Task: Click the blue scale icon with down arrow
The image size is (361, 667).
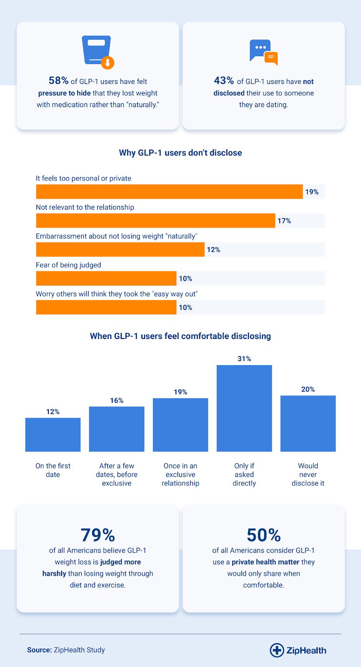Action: click(x=98, y=52)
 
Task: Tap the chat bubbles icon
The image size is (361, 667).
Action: click(x=263, y=52)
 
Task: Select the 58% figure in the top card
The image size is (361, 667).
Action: click(x=59, y=80)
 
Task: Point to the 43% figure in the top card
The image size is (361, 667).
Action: click(x=224, y=80)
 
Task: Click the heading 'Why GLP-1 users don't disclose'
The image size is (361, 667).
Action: click(x=180, y=153)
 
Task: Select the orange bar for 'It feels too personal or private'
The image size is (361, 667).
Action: click(x=170, y=191)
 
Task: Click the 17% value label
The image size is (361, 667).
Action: click(x=284, y=221)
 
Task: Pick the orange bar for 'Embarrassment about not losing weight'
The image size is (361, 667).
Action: click(x=120, y=250)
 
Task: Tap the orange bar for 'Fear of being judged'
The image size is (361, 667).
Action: click(x=106, y=278)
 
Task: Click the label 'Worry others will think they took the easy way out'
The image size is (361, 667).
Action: click(x=117, y=294)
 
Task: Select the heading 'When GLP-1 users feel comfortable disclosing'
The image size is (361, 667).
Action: click(x=180, y=336)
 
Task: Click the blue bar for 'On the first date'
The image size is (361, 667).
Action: click(x=53, y=435)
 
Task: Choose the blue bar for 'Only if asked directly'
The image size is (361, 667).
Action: click(x=244, y=408)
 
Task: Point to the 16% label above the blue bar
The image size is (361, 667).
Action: click(x=117, y=401)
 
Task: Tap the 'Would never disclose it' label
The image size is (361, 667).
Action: click(x=308, y=474)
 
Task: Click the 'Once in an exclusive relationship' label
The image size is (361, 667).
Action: click(x=180, y=474)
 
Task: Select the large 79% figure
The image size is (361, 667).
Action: click(x=98, y=535)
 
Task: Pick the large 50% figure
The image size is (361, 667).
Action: click(x=263, y=535)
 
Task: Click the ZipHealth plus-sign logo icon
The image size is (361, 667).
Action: click(x=277, y=650)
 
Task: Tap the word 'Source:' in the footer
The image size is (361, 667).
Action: click(x=40, y=650)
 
